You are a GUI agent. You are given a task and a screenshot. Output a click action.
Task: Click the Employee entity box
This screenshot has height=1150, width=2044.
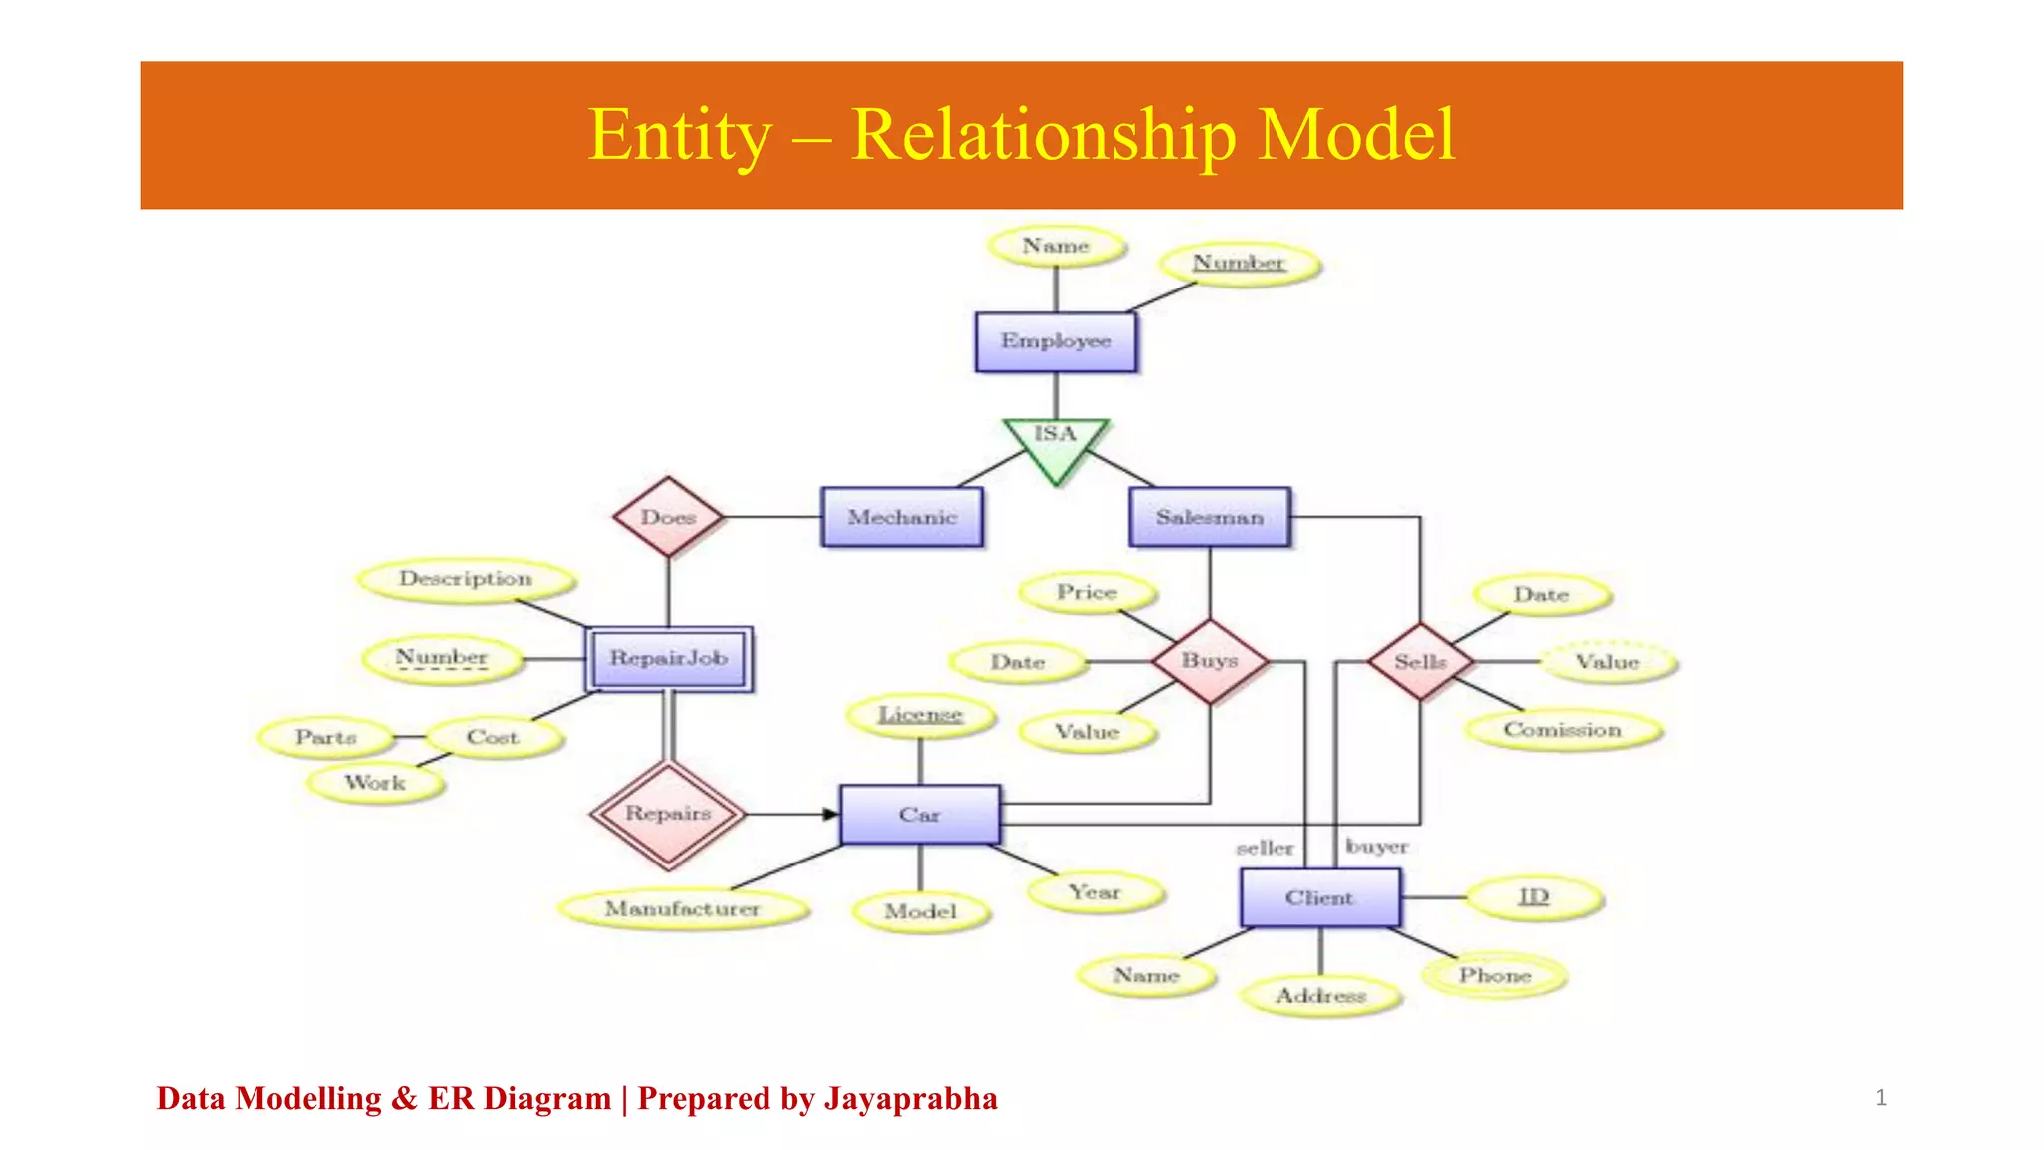tap(1055, 342)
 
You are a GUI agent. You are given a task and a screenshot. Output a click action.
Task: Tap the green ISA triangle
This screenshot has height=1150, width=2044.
tap(1055, 444)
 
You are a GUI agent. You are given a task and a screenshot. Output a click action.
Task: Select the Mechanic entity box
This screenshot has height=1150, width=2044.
tap(902, 517)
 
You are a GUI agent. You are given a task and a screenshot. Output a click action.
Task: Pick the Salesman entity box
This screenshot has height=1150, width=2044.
tap(1210, 517)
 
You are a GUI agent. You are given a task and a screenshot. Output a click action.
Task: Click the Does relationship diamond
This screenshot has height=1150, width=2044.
tap(668, 517)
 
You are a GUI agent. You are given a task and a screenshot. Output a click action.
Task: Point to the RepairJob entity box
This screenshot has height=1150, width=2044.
tap(669, 658)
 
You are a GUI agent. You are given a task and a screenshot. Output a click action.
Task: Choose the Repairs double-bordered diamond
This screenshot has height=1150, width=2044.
tap(668, 814)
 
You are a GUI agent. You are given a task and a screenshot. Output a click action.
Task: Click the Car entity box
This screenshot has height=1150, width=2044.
tap(919, 815)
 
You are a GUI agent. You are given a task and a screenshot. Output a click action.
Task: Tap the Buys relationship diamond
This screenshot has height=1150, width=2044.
tap(1210, 661)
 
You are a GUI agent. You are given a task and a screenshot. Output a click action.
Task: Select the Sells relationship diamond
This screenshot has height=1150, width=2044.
tap(1420, 661)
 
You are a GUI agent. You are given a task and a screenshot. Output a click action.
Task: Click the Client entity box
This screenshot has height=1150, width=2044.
tap(1319, 898)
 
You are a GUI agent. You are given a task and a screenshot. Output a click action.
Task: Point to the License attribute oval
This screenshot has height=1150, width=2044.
tap(920, 715)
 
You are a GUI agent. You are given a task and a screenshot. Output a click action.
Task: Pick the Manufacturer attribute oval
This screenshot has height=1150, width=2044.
tap(683, 909)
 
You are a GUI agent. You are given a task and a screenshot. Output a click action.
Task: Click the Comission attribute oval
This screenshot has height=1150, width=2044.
tap(1563, 730)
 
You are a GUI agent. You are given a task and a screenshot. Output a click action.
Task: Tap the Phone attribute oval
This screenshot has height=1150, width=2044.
tap(1494, 975)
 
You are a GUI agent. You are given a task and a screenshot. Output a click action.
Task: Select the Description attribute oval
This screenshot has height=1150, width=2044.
tap(466, 579)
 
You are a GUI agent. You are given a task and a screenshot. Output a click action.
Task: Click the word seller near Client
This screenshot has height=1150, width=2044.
tap(1265, 848)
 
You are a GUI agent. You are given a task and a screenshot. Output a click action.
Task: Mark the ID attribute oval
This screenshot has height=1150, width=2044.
tap(1534, 897)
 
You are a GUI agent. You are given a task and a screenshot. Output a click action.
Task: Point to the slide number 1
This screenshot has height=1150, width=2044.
tap(1881, 1098)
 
